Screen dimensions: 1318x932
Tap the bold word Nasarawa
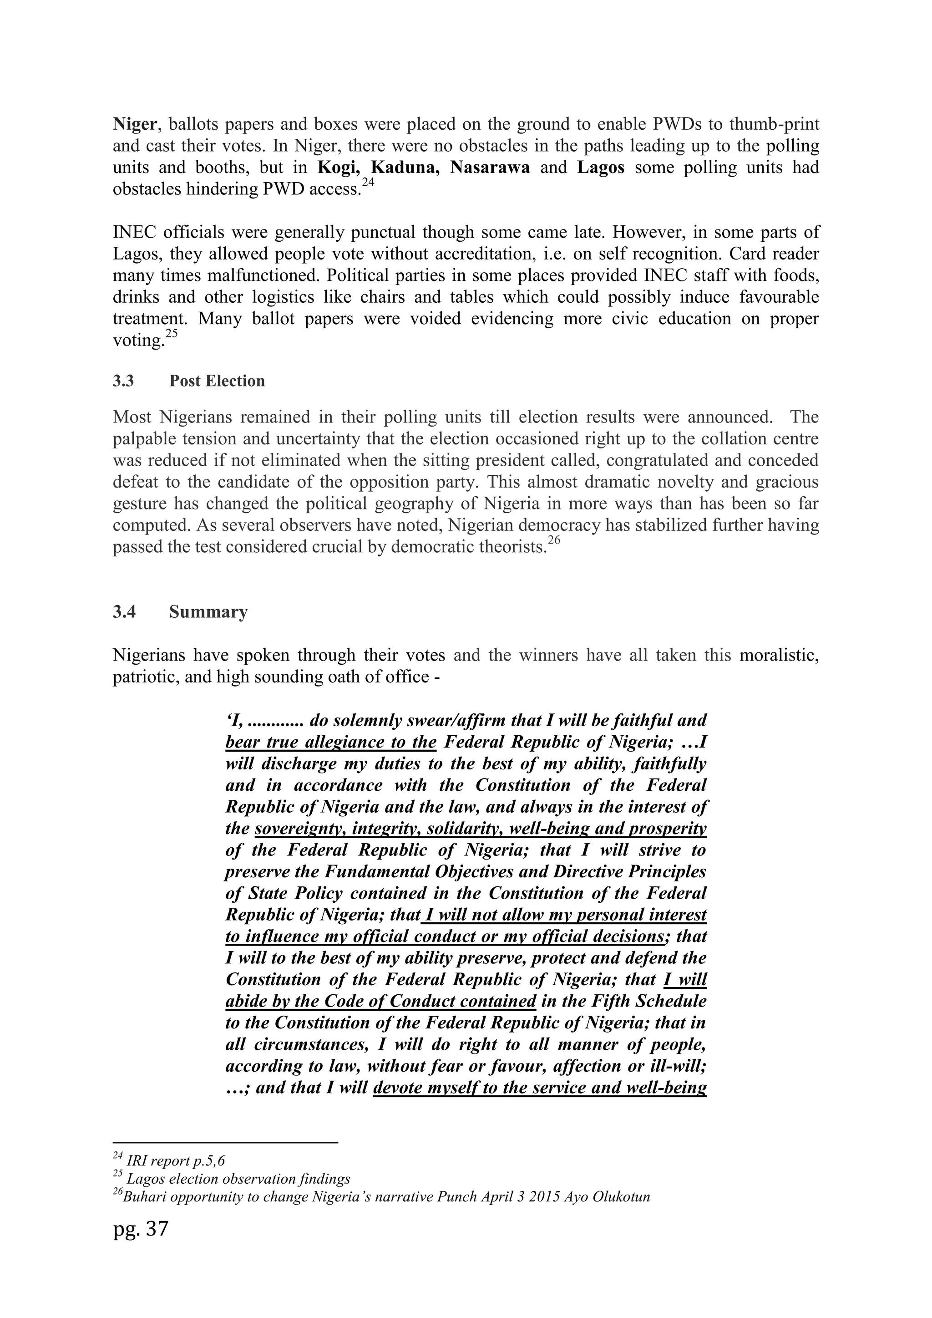pos(490,168)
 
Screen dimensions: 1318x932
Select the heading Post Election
pos(217,381)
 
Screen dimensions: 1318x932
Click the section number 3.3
pos(123,381)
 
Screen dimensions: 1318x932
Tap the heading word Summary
pos(208,612)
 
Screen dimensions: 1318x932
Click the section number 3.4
pos(124,612)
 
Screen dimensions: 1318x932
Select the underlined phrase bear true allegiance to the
pos(331,742)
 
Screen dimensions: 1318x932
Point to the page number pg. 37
pos(141,1229)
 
